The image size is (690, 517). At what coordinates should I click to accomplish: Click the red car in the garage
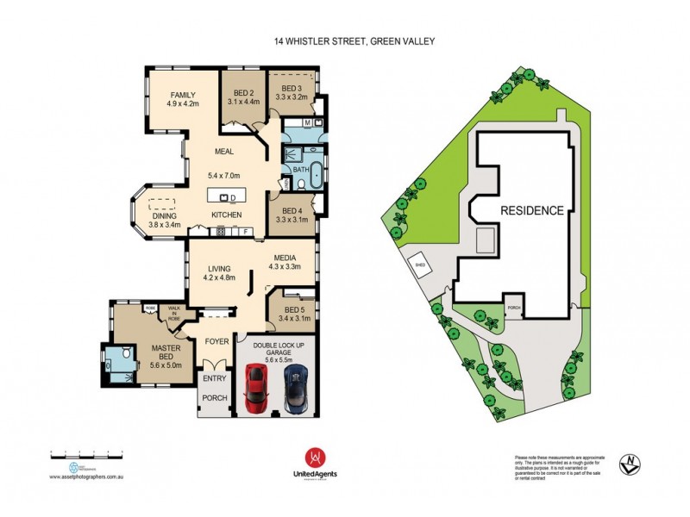[256, 389]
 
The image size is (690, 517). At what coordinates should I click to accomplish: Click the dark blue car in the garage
[296, 389]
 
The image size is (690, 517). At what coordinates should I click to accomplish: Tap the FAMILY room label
[183, 95]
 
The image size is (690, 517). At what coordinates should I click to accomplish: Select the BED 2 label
[243, 93]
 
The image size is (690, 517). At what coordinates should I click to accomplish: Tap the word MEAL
[225, 153]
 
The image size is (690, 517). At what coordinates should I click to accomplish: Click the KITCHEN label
[226, 215]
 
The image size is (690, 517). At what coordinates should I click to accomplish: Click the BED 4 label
[292, 209]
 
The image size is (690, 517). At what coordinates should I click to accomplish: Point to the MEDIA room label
[285, 257]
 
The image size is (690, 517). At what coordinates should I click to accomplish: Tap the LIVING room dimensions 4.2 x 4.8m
[218, 278]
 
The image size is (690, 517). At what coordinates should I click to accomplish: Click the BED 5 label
[295, 310]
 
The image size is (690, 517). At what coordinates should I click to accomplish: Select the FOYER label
[216, 341]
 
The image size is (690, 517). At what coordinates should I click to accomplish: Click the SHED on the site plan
[421, 265]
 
